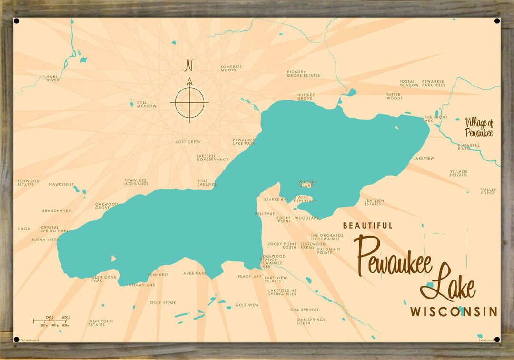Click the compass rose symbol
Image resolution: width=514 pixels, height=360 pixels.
(189, 102)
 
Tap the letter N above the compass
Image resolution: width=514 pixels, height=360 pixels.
(189, 64)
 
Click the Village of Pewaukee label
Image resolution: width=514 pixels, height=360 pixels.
(479, 128)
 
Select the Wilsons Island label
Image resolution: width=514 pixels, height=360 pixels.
(307, 184)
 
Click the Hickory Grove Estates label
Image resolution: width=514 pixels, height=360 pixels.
(303, 74)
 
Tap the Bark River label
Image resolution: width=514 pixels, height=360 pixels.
(53, 79)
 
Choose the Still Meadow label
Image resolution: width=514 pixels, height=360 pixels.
(147, 104)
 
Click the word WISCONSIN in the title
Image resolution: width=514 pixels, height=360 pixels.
(454, 312)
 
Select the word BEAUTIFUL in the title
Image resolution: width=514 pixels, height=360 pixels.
(368, 226)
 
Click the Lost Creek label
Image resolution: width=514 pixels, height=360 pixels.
(188, 142)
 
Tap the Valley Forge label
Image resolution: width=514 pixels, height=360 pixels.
(488, 191)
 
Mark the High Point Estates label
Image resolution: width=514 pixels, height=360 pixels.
(101, 323)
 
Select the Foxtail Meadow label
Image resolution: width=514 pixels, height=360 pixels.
(409, 83)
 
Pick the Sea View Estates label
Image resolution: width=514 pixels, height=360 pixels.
(374, 202)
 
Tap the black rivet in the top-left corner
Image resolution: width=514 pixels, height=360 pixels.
(17, 21)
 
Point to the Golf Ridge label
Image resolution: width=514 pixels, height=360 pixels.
(163, 302)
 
